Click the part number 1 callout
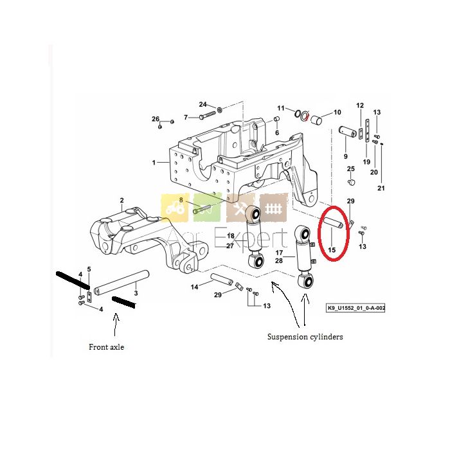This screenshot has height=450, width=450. (154, 163)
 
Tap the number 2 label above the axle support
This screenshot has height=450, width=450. (122, 200)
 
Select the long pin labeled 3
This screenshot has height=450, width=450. (123, 282)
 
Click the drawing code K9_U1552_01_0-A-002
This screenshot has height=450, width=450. (356, 308)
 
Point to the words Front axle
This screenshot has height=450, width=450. (107, 347)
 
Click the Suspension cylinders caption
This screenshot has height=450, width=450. (305, 336)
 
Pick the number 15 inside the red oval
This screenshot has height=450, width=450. (332, 250)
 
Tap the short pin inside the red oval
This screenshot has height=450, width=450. (333, 222)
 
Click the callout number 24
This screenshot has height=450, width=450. (203, 104)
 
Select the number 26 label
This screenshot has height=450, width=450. (156, 119)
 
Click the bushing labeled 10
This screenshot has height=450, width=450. (316, 119)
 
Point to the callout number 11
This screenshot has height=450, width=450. (281, 108)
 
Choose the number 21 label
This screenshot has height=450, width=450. (381, 188)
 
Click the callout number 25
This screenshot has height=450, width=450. (351, 168)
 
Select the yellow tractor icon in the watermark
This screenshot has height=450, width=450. (175, 208)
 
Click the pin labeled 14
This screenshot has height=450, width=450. (221, 279)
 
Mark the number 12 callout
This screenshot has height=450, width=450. (360, 105)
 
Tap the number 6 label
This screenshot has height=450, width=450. (277, 132)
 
